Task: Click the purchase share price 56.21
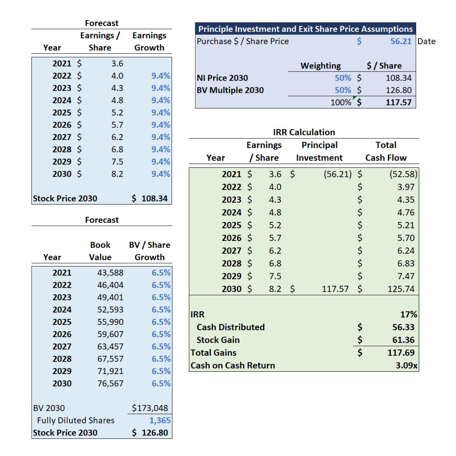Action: (401, 41)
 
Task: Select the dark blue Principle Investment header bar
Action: (305, 29)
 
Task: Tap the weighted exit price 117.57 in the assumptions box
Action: (399, 102)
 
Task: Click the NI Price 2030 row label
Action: (223, 78)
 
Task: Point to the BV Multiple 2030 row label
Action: (230, 90)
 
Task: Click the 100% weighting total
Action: (341, 102)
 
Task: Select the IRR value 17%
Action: (409, 314)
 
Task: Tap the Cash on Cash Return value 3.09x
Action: (407, 366)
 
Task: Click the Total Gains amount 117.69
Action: (401, 353)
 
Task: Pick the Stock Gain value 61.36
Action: (403, 340)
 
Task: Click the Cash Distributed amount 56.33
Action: (403, 327)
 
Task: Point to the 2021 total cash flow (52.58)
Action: (403, 174)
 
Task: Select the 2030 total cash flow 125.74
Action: (401, 289)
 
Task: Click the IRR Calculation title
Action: (304, 132)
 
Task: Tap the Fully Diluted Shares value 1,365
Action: (160, 420)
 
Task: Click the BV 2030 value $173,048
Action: (150, 408)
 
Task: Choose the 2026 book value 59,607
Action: (110, 334)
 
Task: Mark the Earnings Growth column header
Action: (149, 42)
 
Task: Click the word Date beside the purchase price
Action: (426, 41)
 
